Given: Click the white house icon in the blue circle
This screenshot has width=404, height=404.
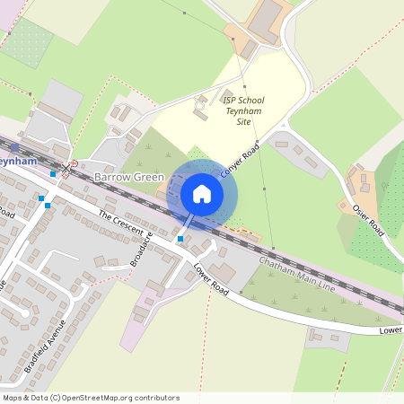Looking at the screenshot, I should click(x=202, y=193).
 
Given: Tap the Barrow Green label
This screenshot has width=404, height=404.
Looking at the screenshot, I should click(x=129, y=179).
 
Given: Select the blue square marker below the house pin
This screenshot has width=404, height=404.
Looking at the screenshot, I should click(x=180, y=239).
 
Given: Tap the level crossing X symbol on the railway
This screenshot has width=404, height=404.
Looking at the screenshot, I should click(x=65, y=168).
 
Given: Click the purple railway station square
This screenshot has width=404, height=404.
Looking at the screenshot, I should click(x=14, y=146).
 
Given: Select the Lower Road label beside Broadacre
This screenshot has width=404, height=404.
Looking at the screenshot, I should click(x=211, y=280).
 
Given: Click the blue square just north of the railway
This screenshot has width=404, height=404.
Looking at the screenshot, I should click(x=54, y=174).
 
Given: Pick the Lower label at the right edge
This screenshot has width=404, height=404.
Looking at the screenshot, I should click(x=391, y=330).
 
